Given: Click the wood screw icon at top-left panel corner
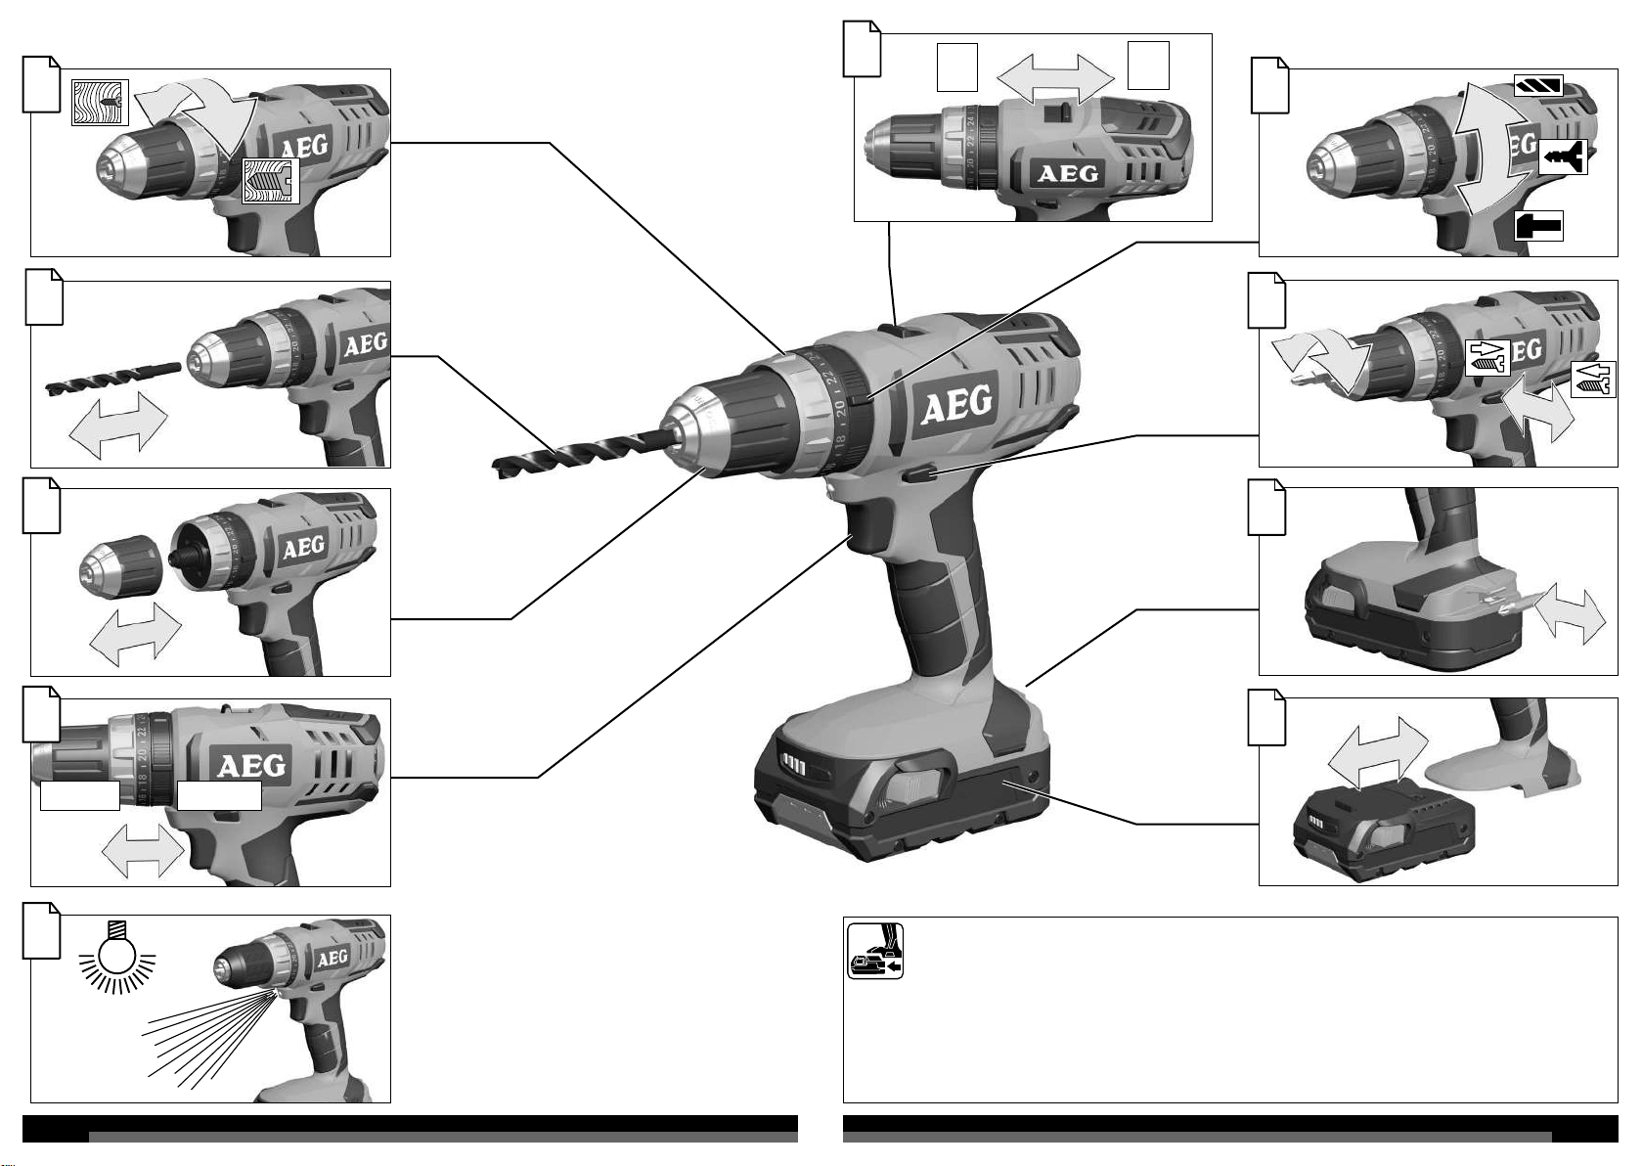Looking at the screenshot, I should (x=100, y=102).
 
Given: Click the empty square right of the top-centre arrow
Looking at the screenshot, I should (x=1148, y=66).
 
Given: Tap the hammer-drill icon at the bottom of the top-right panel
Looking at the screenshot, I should (x=1538, y=226).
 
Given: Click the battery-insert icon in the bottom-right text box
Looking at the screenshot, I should (x=874, y=951).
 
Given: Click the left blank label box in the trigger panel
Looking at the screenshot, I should (x=80, y=795).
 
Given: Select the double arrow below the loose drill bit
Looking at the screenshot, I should (x=119, y=425).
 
